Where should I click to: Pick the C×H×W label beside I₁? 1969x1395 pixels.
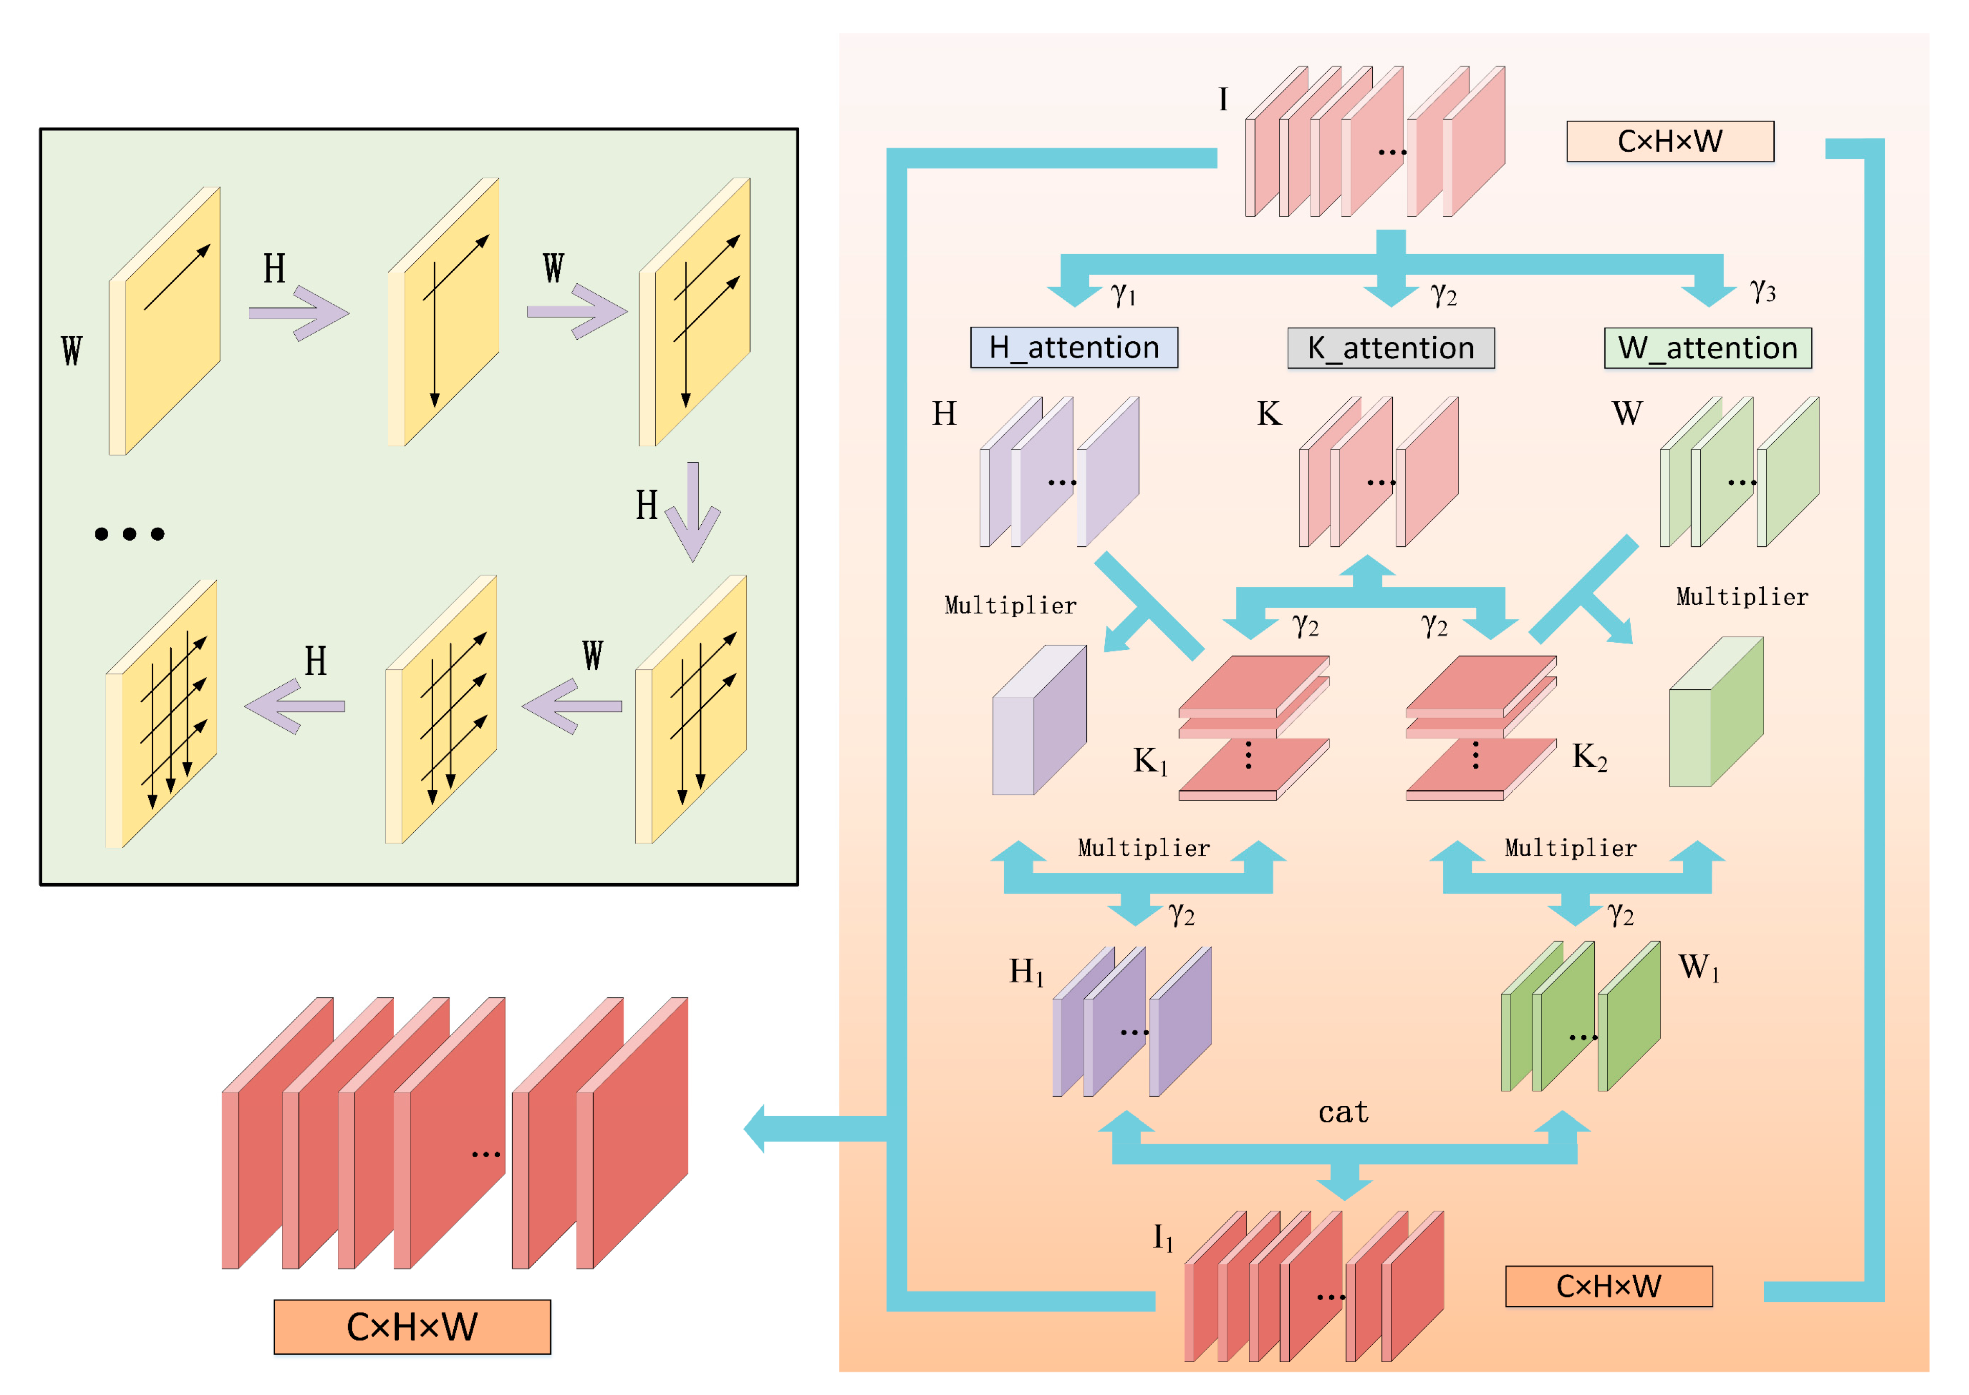pyautogui.click(x=1608, y=1286)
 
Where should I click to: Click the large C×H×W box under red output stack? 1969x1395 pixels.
pyautogui.click(x=412, y=1326)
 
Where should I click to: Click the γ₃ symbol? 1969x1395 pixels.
pyautogui.click(x=1762, y=291)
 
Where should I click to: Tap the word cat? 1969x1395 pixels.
pyautogui.click(x=1343, y=1113)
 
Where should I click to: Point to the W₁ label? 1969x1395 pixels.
pyautogui.click(x=1697, y=967)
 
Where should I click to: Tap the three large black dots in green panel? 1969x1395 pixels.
pyautogui.click(x=129, y=534)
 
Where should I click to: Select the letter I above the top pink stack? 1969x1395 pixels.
pyautogui.click(x=1223, y=99)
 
